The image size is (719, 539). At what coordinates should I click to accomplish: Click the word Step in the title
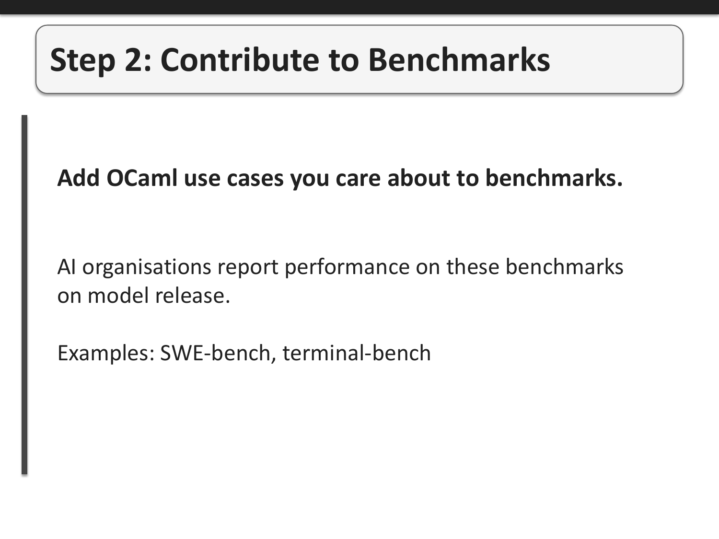(x=82, y=60)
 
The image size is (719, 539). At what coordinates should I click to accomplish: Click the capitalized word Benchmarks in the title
(x=459, y=60)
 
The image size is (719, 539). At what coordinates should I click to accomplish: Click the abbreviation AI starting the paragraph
(x=66, y=267)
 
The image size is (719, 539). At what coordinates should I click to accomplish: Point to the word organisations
(x=147, y=267)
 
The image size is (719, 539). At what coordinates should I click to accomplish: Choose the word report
(x=248, y=267)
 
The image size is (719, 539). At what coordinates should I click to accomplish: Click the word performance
(x=347, y=267)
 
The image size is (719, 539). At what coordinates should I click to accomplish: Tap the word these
(x=473, y=267)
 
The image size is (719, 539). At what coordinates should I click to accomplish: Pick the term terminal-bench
(x=357, y=353)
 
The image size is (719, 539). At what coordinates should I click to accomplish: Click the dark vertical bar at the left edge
(x=24, y=295)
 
